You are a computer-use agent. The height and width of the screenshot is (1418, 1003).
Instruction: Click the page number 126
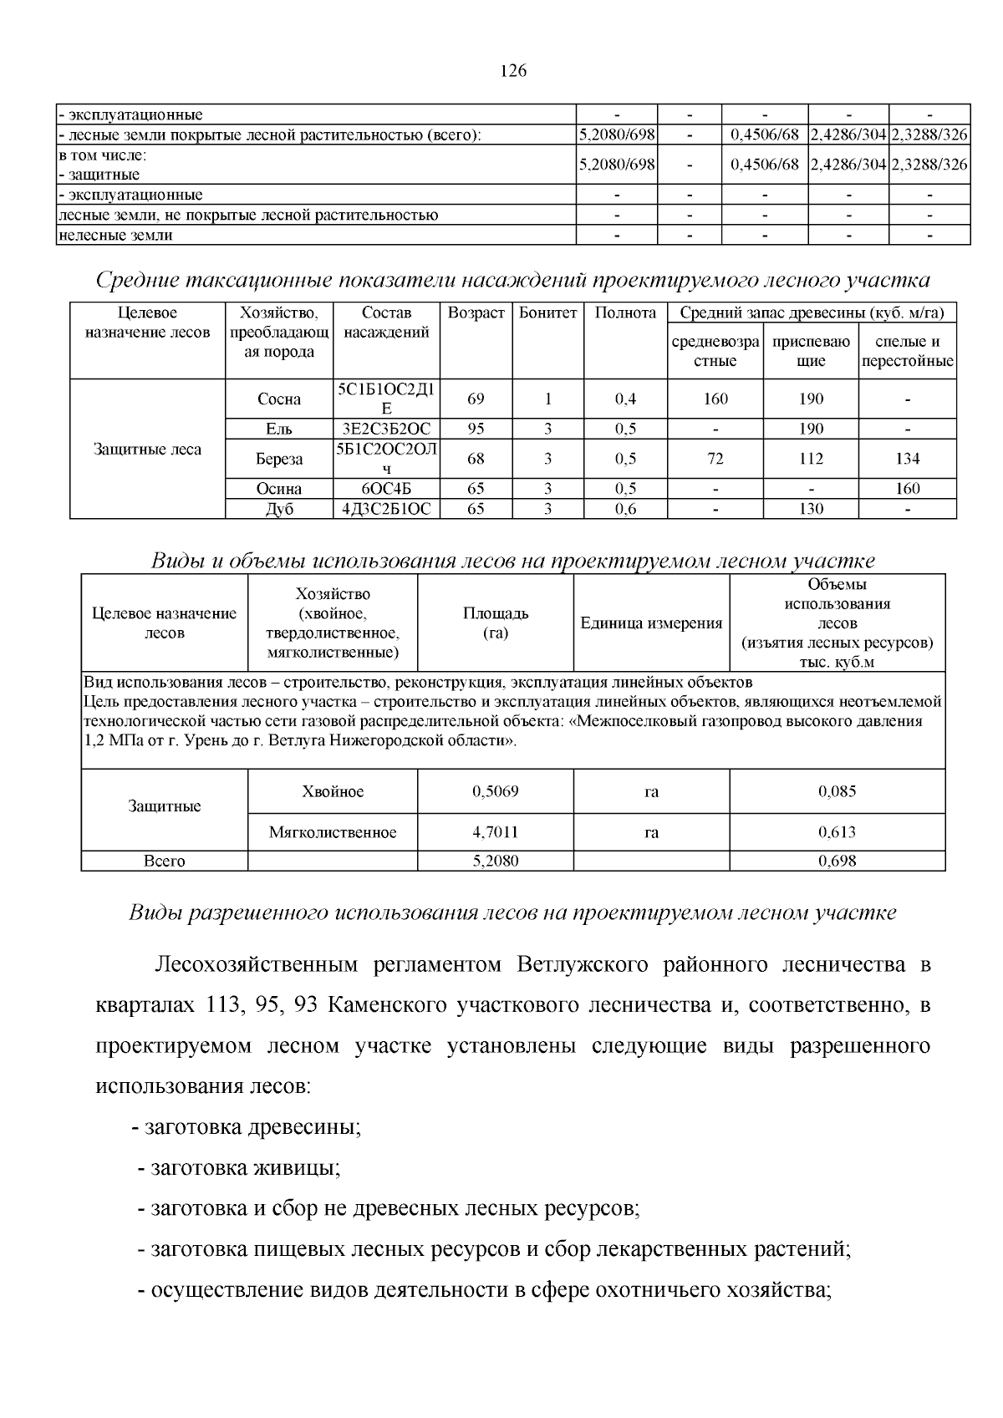513,71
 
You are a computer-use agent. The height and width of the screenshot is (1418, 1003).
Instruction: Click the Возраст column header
476,313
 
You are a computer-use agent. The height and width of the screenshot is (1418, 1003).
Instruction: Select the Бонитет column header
547,313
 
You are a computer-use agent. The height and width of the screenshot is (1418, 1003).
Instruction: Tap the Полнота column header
625,313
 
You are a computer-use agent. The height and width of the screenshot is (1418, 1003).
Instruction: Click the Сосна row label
279,399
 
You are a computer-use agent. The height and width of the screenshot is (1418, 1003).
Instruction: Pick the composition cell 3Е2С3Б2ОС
386,429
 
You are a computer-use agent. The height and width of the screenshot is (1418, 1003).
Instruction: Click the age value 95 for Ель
476,429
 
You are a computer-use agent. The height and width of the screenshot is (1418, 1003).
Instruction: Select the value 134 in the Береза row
907,459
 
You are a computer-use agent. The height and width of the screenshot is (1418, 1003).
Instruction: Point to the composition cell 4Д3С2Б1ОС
386,509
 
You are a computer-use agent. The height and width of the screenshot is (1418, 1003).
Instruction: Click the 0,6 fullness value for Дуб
625,509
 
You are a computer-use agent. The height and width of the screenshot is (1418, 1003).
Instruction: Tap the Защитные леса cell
147,450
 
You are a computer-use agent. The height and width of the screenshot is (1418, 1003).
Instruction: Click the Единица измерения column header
651,623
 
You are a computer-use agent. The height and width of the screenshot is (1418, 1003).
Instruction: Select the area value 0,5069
495,791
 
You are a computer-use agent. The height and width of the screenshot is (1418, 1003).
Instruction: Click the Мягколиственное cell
333,832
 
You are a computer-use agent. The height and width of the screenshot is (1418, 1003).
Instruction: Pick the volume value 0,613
837,832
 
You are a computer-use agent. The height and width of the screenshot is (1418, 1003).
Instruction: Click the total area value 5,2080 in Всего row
495,861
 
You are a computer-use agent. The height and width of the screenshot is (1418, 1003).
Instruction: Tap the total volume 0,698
837,861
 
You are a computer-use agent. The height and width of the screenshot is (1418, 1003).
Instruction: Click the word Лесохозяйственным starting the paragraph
256,965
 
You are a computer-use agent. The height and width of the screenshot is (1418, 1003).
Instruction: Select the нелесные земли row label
115,235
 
